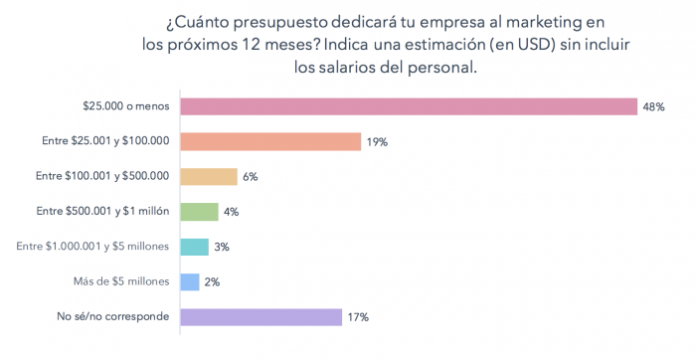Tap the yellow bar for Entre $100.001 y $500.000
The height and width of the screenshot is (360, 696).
(209, 176)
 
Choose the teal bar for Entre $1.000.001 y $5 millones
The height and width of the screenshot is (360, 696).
(194, 247)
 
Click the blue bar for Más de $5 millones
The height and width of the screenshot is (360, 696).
(190, 281)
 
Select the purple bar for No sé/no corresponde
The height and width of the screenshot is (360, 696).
(261, 317)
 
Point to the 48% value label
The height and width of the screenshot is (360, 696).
(653, 106)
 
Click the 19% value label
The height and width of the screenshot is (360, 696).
(377, 142)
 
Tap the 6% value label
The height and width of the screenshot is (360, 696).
(251, 177)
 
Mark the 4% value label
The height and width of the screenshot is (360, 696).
(231, 212)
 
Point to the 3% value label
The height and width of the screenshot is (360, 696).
(222, 247)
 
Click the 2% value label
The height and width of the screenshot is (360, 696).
(212, 282)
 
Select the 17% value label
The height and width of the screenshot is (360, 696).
(358, 317)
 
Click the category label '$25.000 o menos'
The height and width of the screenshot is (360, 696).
(125, 106)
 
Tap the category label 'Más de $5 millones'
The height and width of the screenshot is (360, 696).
(120, 281)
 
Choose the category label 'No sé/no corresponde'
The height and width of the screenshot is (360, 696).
(112, 317)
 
